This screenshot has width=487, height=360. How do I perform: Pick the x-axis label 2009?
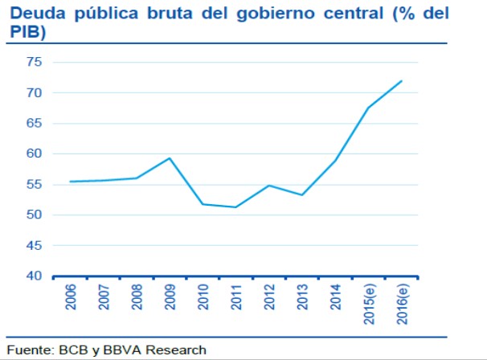pos(170,298)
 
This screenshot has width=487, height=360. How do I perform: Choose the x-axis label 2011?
pos(236,298)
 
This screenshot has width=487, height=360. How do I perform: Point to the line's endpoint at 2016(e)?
pos(402,80)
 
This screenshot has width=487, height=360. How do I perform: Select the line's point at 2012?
pos(269,186)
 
